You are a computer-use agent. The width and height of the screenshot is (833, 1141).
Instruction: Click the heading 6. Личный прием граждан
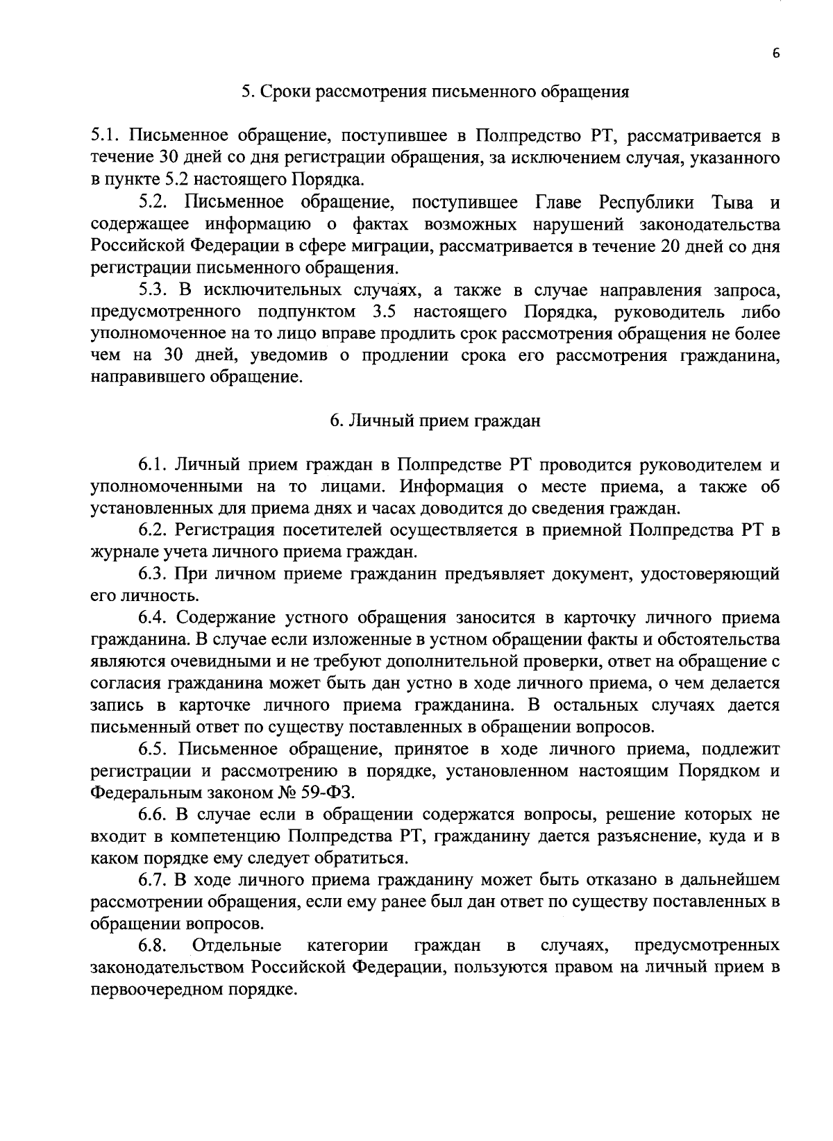point(435,421)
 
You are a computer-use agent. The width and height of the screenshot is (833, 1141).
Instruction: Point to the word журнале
point(122,552)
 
